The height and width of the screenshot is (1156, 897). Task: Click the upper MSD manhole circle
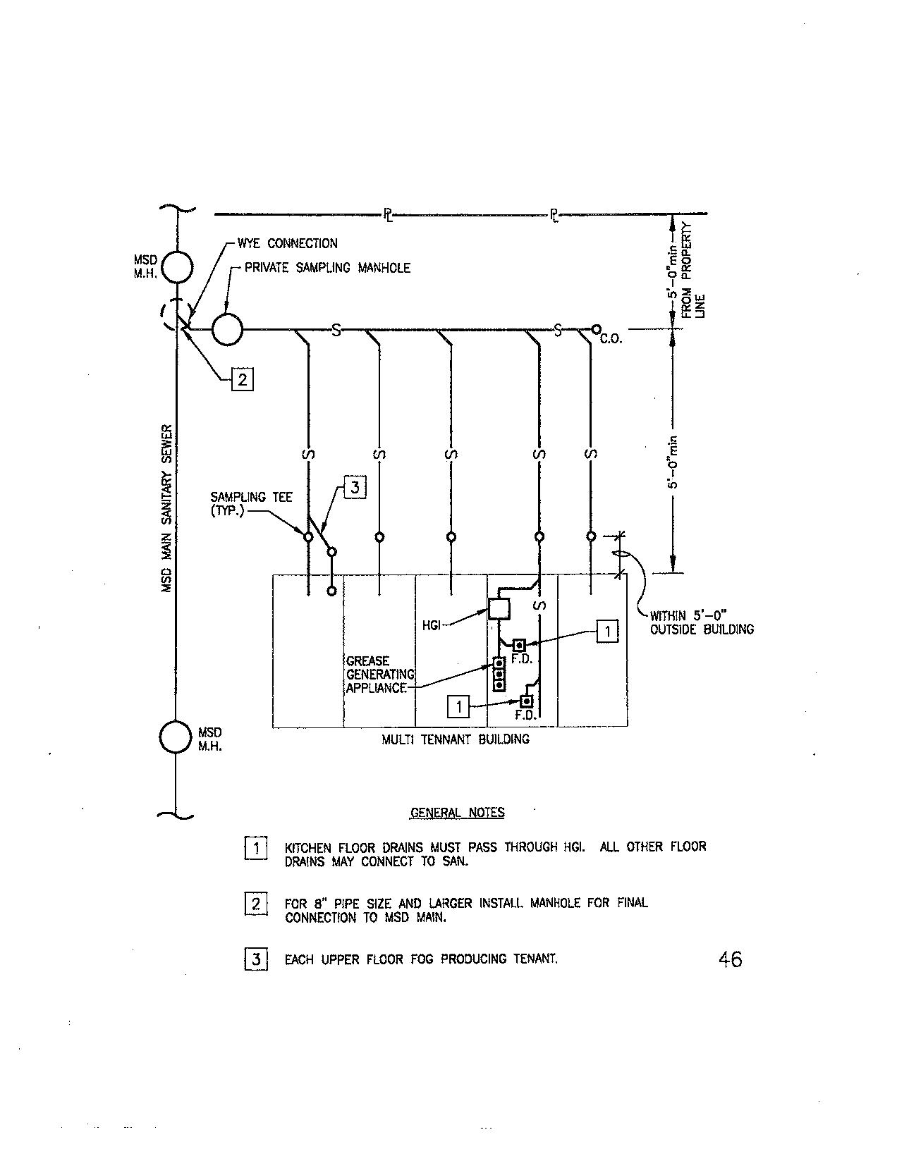pyautogui.click(x=176, y=267)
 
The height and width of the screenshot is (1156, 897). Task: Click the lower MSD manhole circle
pyautogui.click(x=176, y=737)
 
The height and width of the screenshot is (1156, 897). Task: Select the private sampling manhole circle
pyautogui.click(x=227, y=329)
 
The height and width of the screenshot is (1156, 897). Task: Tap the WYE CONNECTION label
pyautogui.click(x=287, y=244)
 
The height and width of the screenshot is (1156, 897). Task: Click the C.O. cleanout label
pyautogui.click(x=611, y=340)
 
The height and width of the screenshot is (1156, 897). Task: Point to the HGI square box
pyautogui.click(x=499, y=608)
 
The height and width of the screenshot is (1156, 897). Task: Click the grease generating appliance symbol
pyautogui.click(x=499, y=674)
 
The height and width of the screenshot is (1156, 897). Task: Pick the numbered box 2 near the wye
pyautogui.click(x=242, y=380)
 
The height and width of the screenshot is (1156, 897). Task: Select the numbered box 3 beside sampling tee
pyautogui.click(x=355, y=488)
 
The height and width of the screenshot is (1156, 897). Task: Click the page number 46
pyautogui.click(x=730, y=959)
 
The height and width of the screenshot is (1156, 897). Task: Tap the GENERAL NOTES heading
pyautogui.click(x=458, y=813)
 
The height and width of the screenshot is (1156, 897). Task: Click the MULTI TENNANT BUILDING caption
pyautogui.click(x=456, y=739)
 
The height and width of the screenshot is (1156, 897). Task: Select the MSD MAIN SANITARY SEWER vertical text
pyautogui.click(x=168, y=508)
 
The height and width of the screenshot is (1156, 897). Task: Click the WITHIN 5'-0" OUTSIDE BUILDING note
pyautogui.click(x=701, y=622)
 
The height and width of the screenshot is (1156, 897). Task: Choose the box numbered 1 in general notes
pyautogui.click(x=255, y=848)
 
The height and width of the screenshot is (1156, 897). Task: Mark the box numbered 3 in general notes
pyautogui.click(x=255, y=959)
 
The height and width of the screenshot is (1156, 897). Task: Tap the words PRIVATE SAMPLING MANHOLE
pyautogui.click(x=327, y=269)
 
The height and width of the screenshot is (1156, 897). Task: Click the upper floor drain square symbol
pyautogui.click(x=520, y=645)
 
